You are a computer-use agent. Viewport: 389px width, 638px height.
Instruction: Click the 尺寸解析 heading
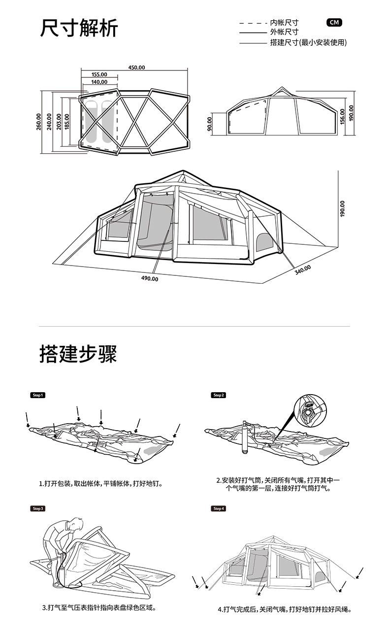pos(79,29)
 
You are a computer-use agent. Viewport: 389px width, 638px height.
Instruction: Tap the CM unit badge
pos(334,23)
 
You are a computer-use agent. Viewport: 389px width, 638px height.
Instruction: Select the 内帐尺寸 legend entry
pos(284,23)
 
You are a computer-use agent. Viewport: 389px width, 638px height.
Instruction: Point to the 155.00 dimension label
pos(99,75)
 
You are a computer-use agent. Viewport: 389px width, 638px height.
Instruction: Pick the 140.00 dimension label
pos(99,82)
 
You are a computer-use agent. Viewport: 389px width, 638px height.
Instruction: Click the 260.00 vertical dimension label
pos(39,122)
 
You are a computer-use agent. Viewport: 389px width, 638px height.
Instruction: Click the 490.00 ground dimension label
pos(150,279)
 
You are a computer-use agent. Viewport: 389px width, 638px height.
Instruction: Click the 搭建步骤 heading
pos(79,354)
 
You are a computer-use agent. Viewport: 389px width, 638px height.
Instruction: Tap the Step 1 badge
pos(38,395)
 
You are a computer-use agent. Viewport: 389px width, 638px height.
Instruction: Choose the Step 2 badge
pos(219,395)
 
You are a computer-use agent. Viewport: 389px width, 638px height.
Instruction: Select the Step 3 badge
pos(38,508)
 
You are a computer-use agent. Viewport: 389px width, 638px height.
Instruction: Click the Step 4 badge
pos(219,508)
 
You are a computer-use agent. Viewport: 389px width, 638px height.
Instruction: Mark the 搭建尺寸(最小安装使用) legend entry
pos(308,43)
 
